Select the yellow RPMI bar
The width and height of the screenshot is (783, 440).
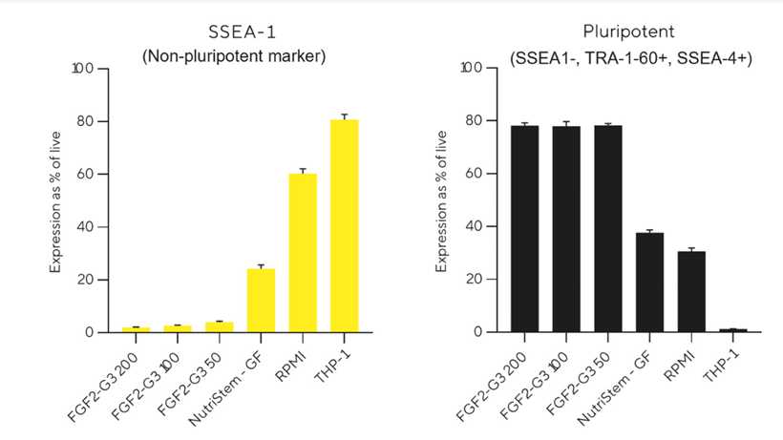pos(303,253)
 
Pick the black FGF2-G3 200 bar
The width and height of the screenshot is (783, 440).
pos(524,229)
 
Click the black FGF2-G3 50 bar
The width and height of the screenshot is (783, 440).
pos(608,229)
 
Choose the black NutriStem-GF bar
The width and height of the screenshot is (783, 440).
pos(649,283)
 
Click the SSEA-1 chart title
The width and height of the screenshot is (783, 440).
pos(234,32)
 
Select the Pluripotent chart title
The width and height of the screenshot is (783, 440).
pos(630,32)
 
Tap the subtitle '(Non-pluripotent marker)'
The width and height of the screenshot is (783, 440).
pos(234,56)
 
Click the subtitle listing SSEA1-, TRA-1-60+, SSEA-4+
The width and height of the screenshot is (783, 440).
pos(630,58)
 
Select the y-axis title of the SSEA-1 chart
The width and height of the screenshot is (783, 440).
pos(56,200)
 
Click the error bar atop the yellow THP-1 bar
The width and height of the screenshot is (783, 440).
pos(344,116)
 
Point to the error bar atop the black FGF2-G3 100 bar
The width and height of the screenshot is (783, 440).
pos(566,123)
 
